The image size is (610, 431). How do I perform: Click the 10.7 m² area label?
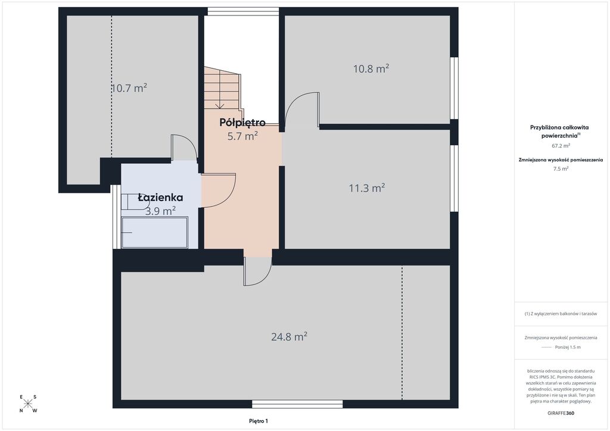coord(129,88)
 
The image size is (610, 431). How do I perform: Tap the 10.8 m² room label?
coord(371,69)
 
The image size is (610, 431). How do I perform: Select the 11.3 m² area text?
coord(367,188)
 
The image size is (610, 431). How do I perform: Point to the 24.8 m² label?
coord(289,336)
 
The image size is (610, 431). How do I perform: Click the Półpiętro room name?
coord(242,123)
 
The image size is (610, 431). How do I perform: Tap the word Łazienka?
coord(160,198)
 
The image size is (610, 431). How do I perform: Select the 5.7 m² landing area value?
coord(242,136)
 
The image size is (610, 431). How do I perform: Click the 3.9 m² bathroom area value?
coord(160,211)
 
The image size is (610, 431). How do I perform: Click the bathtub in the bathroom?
coord(155,232)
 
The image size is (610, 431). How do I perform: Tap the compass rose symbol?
coord(27,404)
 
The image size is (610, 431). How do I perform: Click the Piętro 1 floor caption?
coord(259,421)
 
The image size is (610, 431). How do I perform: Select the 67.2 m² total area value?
coord(561,146)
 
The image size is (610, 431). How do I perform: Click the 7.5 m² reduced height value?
coord(561,168)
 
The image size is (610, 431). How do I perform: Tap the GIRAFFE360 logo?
coord(561,413)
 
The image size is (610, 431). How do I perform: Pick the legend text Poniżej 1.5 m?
coord(568,347)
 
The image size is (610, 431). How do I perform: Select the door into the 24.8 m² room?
coord(257,272)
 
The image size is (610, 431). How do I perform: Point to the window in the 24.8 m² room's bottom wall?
coord(297,404)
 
